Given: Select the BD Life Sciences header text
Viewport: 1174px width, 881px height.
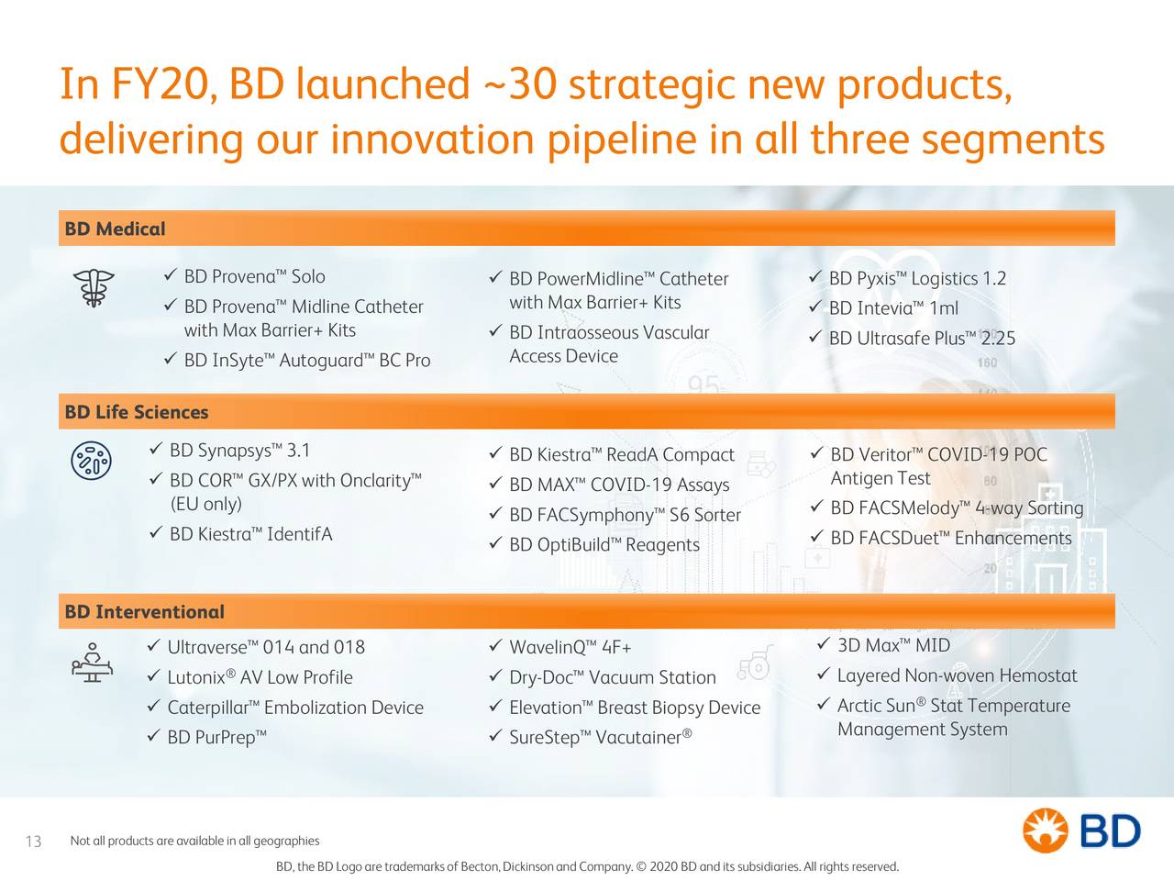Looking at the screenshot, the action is pos(137,412).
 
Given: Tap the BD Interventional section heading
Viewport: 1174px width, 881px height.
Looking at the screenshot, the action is pos(144,611).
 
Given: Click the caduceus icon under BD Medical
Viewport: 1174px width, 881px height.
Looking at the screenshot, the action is pos(94,287).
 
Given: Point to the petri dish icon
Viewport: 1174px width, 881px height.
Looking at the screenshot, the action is pos(92,461).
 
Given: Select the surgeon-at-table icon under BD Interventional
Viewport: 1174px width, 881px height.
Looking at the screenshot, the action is pos(92,663).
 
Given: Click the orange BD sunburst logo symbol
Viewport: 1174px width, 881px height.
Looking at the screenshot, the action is pos(1045,831).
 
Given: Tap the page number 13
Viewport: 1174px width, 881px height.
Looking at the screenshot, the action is pos(33,842).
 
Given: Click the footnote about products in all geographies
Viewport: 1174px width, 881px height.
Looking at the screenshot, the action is pos(194,841).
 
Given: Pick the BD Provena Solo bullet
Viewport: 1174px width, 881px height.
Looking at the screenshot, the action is pos(255,276).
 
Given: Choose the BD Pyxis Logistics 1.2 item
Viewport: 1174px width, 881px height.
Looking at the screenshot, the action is pos(917,279).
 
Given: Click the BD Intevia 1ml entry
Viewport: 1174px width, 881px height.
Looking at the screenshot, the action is pos(893,308).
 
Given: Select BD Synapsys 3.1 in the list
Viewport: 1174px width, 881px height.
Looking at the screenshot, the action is pos(239,451).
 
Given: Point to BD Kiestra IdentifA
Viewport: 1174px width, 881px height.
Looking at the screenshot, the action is pos(250,534).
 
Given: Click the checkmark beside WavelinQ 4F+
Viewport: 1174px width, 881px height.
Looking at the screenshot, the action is pos(495,646).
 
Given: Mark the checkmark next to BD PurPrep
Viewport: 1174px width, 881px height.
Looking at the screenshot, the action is pos(153,735).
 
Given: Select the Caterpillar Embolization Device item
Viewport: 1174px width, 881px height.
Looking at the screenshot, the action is pos(295,708).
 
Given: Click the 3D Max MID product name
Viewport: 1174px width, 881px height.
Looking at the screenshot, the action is pos(893,646).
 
